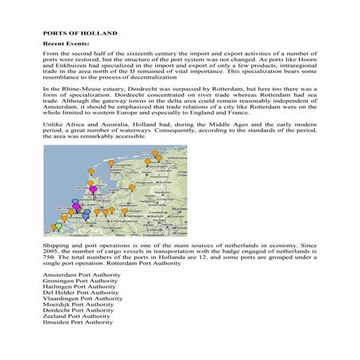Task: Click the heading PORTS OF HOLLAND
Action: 80,33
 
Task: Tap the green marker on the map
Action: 57,226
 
